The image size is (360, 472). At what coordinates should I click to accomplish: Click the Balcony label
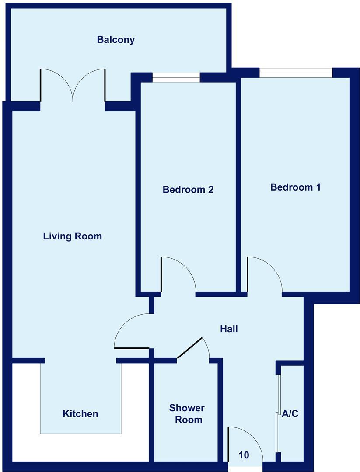coord(116,40)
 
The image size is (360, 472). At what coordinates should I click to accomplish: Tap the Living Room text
coord(73,236)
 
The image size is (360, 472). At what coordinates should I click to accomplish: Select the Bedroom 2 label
coord(188,190)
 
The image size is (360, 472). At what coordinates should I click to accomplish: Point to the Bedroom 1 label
coord(296,187)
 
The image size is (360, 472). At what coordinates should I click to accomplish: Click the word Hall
coord(229,329)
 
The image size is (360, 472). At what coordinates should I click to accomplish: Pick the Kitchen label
coord(80,413)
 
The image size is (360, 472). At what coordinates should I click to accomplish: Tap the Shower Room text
coord(187,414)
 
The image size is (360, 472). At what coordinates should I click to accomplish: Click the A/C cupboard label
coord(290,413)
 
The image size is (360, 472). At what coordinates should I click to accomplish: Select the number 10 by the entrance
coord(244,455)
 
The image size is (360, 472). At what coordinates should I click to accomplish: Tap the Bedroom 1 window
coord(296,73)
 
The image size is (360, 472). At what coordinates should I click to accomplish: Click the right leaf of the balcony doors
coord(90,83)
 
